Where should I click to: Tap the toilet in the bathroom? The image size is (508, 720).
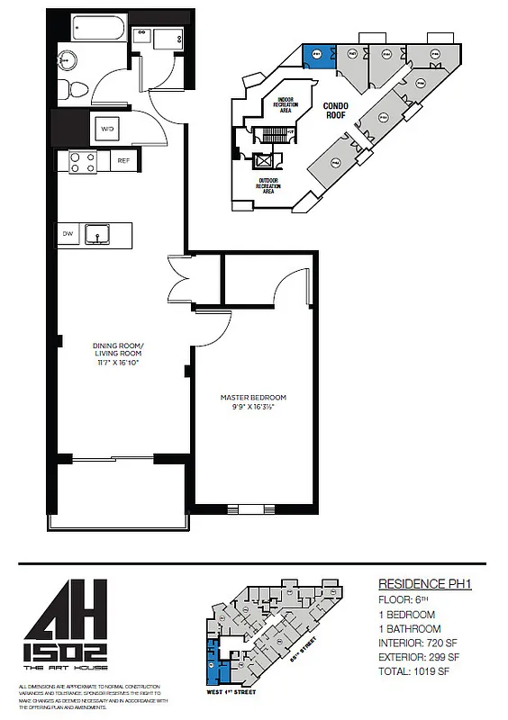click(77, 88)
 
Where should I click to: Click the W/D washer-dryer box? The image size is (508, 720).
click(107, 130)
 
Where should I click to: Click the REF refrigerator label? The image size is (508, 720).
click(123, 161)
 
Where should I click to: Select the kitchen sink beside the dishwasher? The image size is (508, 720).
click(96, 235)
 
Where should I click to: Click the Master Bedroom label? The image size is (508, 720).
click(253, 398)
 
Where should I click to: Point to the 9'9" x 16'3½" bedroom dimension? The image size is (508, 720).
click(253, 408)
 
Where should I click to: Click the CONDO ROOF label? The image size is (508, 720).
click(336, 110)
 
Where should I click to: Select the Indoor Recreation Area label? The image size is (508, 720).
click(286, 105)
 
